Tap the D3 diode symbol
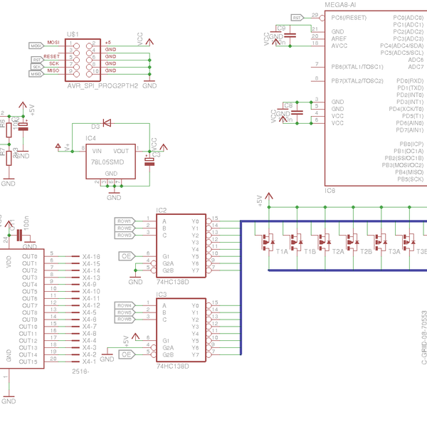[x=107, y=122]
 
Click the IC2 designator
[x=162, y=211]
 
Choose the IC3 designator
[x=162, y=294]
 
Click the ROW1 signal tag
[x=125, y=221]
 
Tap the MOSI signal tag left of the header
[x=37, y=46]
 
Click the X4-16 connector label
[x=90, y=256]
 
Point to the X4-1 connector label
[x=89, y=362]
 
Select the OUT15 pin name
[x=28, y=362]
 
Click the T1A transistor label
[x=283, y=252]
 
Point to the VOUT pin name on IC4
[x=121, y=151]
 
